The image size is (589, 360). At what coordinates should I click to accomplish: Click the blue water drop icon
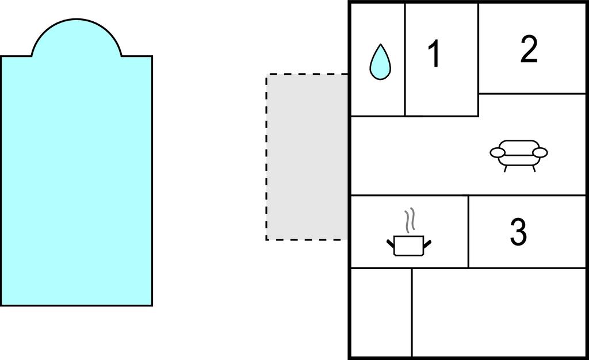tap(380, 62)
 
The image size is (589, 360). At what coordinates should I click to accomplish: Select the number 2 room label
tap(529, 49)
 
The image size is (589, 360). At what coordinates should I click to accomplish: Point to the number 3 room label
tap(518, 231)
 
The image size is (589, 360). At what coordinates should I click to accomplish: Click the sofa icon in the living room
tap(519, 154)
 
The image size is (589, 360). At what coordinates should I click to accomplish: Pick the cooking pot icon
tap(409, 245)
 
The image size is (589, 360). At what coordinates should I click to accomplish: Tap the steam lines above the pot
tap(409, 220)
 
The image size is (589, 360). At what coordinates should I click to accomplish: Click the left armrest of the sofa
tap(497, 152)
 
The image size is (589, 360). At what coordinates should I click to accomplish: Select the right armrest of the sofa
tap(540, 152)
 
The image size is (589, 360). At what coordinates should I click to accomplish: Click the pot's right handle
tap(427, 241)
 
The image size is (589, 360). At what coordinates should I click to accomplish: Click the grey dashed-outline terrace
tap(307, 157)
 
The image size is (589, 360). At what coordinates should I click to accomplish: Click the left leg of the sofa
tap(506, 168)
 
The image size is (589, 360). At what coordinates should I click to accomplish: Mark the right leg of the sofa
tap(534, 168)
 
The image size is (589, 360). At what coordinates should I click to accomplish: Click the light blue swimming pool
tap(76, 178)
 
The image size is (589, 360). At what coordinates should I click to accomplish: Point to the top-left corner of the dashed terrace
tap(267, 75)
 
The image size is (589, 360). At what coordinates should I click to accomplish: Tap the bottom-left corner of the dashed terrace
tap(267, 239)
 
